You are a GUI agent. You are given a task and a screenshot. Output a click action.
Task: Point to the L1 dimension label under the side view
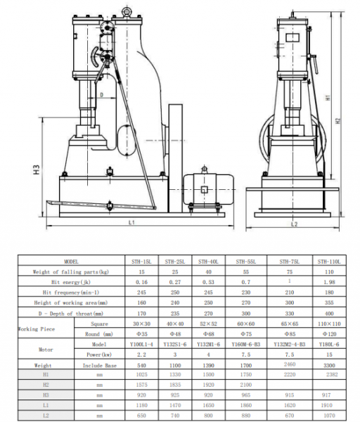pos(131,222)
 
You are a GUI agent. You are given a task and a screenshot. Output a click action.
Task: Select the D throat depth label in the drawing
pos(101,94)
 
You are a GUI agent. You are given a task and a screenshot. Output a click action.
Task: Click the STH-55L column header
pos(245,261)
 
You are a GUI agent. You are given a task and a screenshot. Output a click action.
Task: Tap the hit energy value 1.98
pos(328,281)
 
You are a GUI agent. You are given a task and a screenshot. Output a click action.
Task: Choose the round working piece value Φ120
pos(328,334)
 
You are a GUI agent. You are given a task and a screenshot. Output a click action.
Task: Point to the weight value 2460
pos(289,365)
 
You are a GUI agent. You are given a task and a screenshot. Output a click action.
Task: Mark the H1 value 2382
pos(328,376)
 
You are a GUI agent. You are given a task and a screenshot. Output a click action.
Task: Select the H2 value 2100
pos(245,386)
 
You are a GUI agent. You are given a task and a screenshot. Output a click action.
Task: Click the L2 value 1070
pos(328,416)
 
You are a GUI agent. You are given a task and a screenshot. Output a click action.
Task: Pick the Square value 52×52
pos(207,324)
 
